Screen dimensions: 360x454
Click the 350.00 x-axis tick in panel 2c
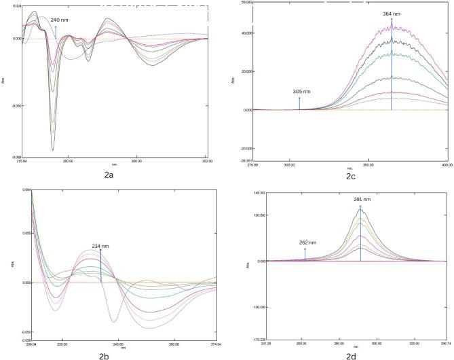(369, 165)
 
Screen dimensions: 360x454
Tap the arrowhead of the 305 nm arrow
(299, 98)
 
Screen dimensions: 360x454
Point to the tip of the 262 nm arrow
(305, 249)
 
